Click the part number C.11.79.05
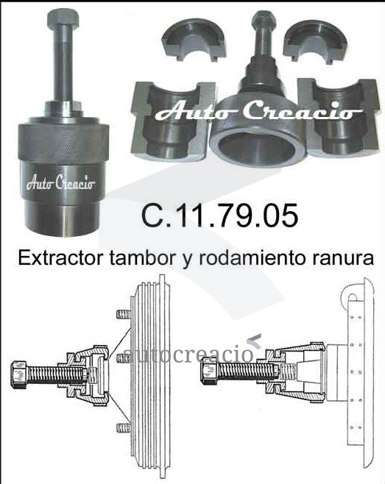tap(219, 215)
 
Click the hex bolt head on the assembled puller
tap(63, 18)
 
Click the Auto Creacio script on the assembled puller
tap(61, 183)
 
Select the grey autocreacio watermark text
tap(188, 353)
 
